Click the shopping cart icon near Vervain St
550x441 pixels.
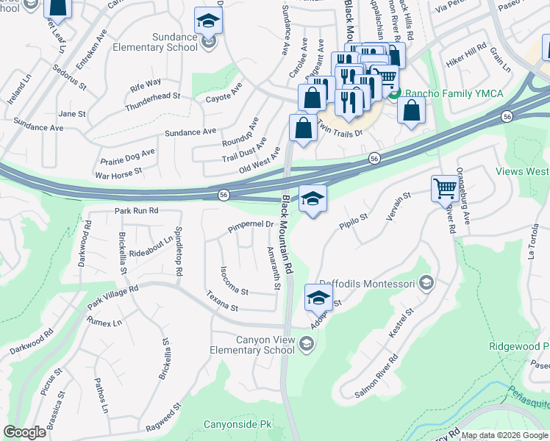point(445,189)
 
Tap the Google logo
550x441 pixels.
point(25,432)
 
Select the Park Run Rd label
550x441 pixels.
point(137,211)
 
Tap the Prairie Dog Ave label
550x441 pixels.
point(128,156)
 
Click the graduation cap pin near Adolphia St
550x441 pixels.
point(318,298)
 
